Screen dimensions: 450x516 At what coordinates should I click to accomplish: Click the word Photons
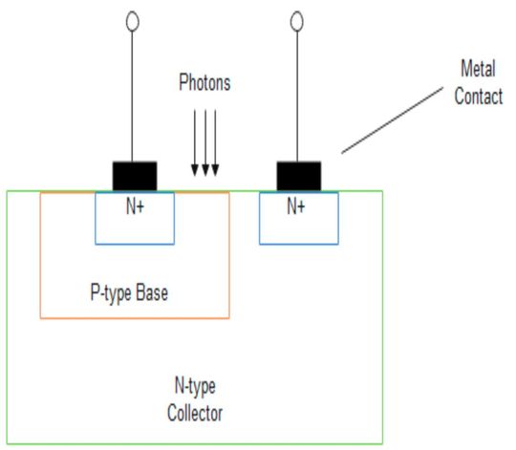[x=204, y=83]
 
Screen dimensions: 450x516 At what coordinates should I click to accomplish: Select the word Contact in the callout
[x=478, y=96]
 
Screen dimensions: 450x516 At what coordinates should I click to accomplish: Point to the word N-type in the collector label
[x=194, y=387]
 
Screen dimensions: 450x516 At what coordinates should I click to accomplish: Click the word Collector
[x=195, y=413]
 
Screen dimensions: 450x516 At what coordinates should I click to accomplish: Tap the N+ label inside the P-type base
[x=134, y=204]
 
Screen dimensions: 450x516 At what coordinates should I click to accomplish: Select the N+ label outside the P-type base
[x=296, y=204]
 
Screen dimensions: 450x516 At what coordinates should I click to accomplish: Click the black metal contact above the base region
[x=135, y=176]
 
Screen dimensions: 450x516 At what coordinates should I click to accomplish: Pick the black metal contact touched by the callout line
[x=298, y=176]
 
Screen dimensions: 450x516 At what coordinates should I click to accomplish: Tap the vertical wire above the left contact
[x=134, y=96]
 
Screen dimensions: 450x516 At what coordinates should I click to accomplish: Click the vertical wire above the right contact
[x=297, y=96]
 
